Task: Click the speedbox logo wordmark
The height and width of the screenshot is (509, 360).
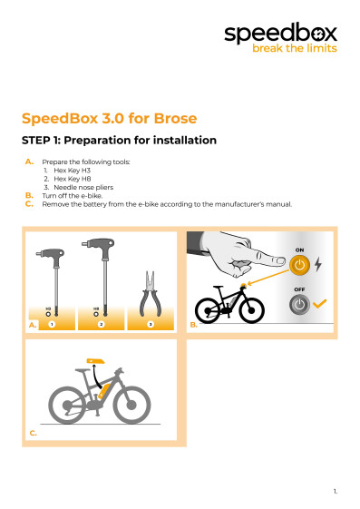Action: pyautogui.click(x=280, y=34)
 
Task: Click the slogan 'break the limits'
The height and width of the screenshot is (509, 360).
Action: pyautogui.click(x=294, y=49)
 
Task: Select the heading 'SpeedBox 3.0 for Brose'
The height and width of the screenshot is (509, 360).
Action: pyautogui.click(x=109, y=119)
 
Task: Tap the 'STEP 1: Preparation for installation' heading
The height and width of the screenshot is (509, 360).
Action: pyautogui.click(x=119, y=141)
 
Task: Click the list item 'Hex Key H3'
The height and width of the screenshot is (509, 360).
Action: pyautogui.click(x=73, y=171)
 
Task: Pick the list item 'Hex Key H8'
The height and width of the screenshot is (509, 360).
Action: pyautogui.click(x=73, y=179)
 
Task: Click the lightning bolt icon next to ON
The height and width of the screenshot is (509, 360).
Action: pyautogui.click(x=316, y=264)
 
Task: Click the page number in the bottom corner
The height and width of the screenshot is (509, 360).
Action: pyautogui.click(x=335, y=490)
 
